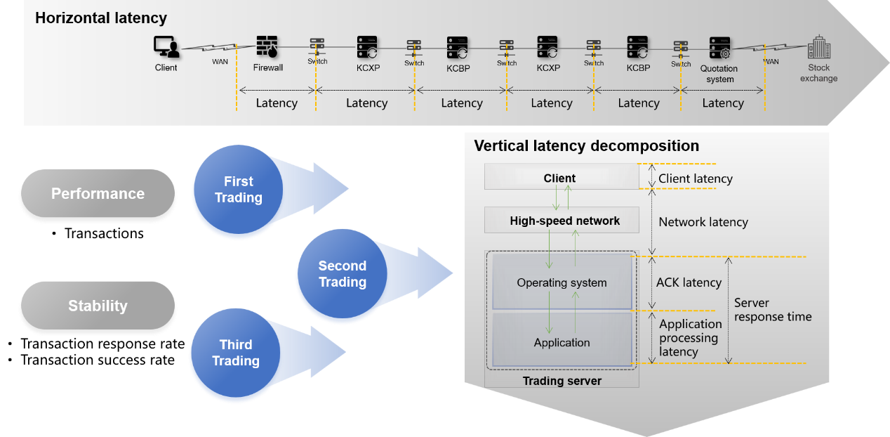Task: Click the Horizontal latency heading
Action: point(101,18)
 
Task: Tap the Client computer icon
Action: point(166,48)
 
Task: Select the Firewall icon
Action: point(267,48)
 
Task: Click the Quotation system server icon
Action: point(719,48)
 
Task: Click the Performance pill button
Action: point(98,195)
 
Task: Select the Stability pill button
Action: point(98,306)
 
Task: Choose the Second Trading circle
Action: point(340,274)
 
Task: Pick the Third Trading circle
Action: point(233,353)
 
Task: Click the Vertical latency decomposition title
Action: point(586,146)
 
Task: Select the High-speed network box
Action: point(564,221)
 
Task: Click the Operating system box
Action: point(562,282)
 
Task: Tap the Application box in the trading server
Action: point(562,342)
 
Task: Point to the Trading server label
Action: point(562,381)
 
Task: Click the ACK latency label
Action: point(689,282)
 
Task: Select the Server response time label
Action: point(772,310)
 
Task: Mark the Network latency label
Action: point(703,222)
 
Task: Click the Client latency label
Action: point(695,179)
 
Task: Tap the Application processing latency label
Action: point(689,338)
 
